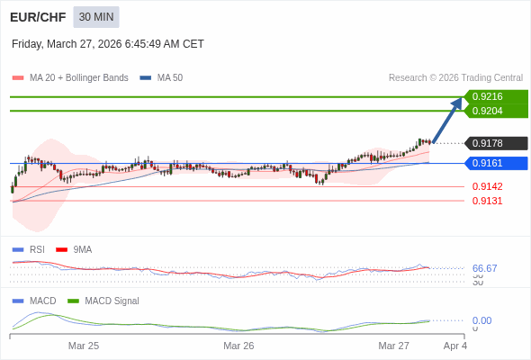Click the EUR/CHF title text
[37, 17]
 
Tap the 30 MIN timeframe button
[95, 17]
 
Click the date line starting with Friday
[108, 44]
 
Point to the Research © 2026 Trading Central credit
[455, 78]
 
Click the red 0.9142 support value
[487, 186]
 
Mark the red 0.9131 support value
[487, 201]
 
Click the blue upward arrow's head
[457, 103]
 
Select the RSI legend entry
[36, 250]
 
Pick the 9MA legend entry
[82, 250]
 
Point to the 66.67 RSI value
[484, 268]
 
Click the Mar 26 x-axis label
[238, 346]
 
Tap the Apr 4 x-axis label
[454, 346]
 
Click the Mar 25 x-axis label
[84, 346]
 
